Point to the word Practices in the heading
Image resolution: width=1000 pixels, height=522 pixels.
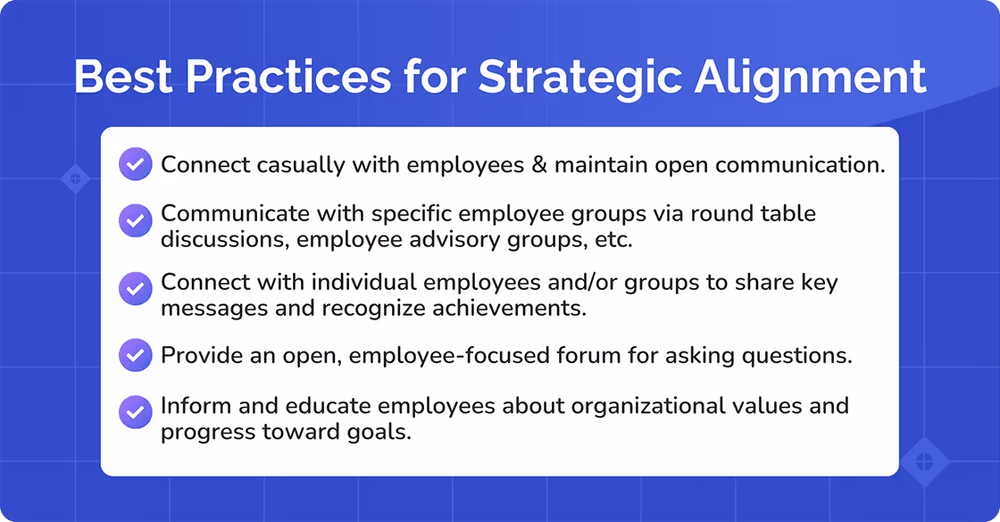296,78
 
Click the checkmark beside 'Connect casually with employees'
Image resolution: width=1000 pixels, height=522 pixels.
135,165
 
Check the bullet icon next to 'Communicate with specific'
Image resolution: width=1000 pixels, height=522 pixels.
135,219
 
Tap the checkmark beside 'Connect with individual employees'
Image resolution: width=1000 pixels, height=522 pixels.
135,287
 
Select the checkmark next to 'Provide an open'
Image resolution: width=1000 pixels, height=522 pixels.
135,355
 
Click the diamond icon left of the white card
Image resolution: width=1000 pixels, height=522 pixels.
75,178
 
